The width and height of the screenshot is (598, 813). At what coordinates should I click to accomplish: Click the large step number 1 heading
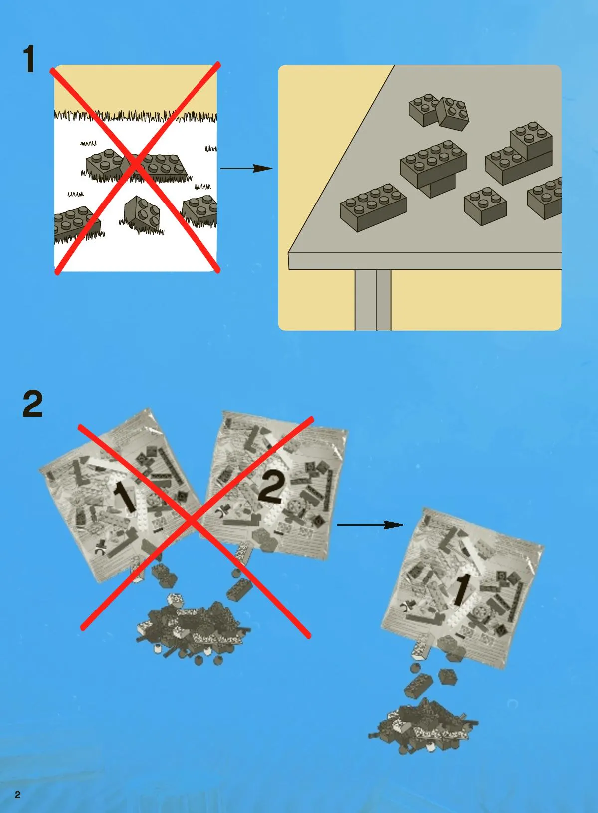pyautogui.click(x=29, y=59)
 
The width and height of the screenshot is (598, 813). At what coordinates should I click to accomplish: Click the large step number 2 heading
pyautogui.click(x=32, y=404)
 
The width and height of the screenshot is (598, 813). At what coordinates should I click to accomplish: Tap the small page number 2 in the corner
pyautogui.click(x=18, y=795)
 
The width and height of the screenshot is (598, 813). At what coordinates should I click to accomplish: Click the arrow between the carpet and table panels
pyautogui.click(x=246, y=168)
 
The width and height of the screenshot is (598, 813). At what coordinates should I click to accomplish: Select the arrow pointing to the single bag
pyautogui.click(x=370, y=524)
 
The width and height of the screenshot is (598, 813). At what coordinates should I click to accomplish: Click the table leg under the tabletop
pyautogui.click(x=373, y=300)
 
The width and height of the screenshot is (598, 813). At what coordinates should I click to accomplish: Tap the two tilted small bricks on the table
pyautogui.click(x=439, y=112)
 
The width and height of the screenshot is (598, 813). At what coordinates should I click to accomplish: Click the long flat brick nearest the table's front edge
pyautogui.click(x=373, y=207)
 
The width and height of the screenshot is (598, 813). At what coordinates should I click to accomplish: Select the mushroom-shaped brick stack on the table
pyautogui.click(x=433, y=168)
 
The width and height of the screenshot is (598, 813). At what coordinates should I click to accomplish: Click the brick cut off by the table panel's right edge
pyautogui.click(x=544, y=198)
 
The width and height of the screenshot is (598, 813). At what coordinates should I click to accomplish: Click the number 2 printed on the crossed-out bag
pyautogui.click(x=271, y=488)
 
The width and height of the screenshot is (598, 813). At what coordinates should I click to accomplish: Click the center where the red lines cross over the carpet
pyautogui.click(x=136, y=165)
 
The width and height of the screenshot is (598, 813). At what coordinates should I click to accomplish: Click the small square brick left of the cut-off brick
pyautogui.click(x=485, y=206)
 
